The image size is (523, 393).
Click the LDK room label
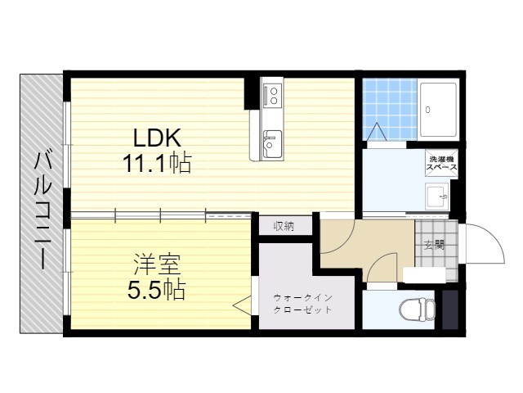[157, 138]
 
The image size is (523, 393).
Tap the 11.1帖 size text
[157, 163]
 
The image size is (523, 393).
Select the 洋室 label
[157, 264]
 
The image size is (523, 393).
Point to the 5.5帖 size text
[156, 289]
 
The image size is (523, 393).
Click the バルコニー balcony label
[42, 210]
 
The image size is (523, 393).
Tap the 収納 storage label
[284, 227]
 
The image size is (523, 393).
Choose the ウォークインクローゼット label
[302, 304]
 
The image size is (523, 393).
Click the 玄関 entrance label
[434, 246]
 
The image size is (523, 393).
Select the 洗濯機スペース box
[441, 164]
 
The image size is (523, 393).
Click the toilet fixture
[418, 309]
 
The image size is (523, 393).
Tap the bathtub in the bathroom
[438, 110]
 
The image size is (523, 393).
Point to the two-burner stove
[273, 95]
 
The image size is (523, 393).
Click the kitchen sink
[272, 144]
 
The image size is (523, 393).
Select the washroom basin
[437, 196]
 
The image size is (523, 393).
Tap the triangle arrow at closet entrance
[242, 305]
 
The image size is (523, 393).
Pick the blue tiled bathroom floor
[390, 109]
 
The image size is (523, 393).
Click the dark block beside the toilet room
[449, 309]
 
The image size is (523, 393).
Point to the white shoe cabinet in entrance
[424, 275]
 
